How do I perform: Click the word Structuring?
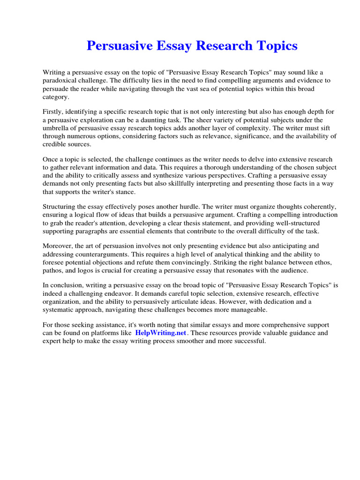coord(61,206)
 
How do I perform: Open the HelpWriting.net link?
coord(161,333)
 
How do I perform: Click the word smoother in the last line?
coord(192,341)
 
